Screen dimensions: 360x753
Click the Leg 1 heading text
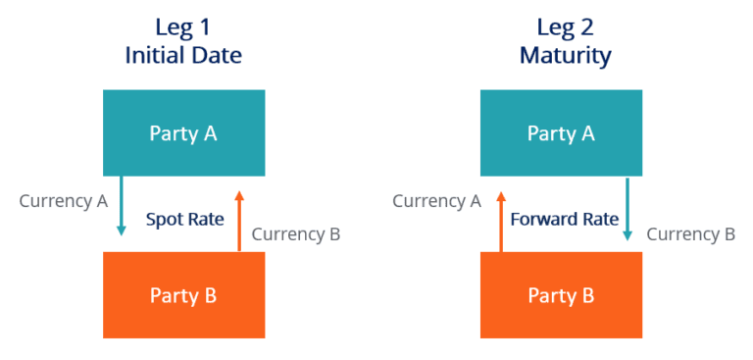coord(183,26)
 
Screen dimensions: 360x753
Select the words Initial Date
coord(183,55)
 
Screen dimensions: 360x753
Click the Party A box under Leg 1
coord(183,133)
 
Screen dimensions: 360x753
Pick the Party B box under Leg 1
coord(183,294)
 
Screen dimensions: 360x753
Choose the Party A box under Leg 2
coord(561,133)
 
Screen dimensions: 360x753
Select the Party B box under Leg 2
coord(561,294)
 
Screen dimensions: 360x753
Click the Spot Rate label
coord(185,220)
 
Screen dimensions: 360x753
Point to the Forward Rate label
coord(564,220)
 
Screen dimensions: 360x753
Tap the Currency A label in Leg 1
coord(64,201)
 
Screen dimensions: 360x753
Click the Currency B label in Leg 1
coord(296,234)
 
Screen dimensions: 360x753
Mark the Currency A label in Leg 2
coord(436,201)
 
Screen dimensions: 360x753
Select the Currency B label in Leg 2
coord(690,234)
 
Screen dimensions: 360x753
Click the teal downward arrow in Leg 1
coord(122,206)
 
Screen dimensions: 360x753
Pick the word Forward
coord(543,220)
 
